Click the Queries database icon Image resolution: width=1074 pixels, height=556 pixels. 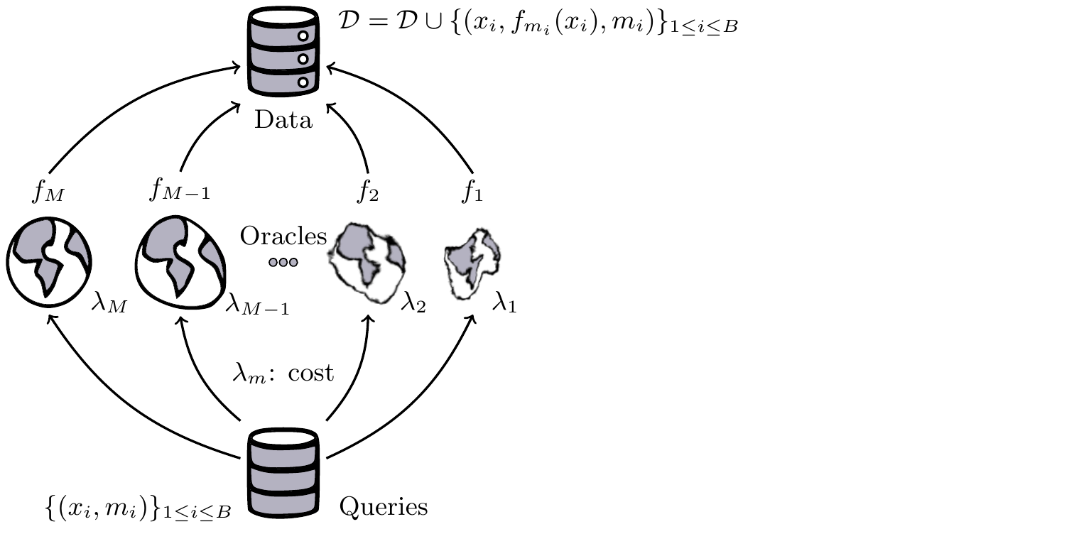click(x=283, y=471)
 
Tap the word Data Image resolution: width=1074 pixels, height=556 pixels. click(x=283, y=120)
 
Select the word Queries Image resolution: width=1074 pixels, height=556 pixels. click(x=384, y=507)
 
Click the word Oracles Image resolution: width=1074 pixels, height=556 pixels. click(x=283, y=236)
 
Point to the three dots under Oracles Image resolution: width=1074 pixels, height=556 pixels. click(x=283, y=262)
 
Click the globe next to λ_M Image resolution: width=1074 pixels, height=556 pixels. click(x=49, y=263)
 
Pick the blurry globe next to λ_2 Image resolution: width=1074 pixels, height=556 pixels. click(x=367, y=262)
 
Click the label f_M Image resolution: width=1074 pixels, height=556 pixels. click(x=49, y=191)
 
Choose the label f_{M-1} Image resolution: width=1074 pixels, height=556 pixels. click(x=180, y=191)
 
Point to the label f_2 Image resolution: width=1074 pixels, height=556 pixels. click(x=368, y=192)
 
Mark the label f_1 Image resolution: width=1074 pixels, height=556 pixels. click(x=472, y=192)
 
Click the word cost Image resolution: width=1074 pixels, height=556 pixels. click(x=311, y=373)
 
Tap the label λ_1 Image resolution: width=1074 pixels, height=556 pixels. click(x=504, y=305)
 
